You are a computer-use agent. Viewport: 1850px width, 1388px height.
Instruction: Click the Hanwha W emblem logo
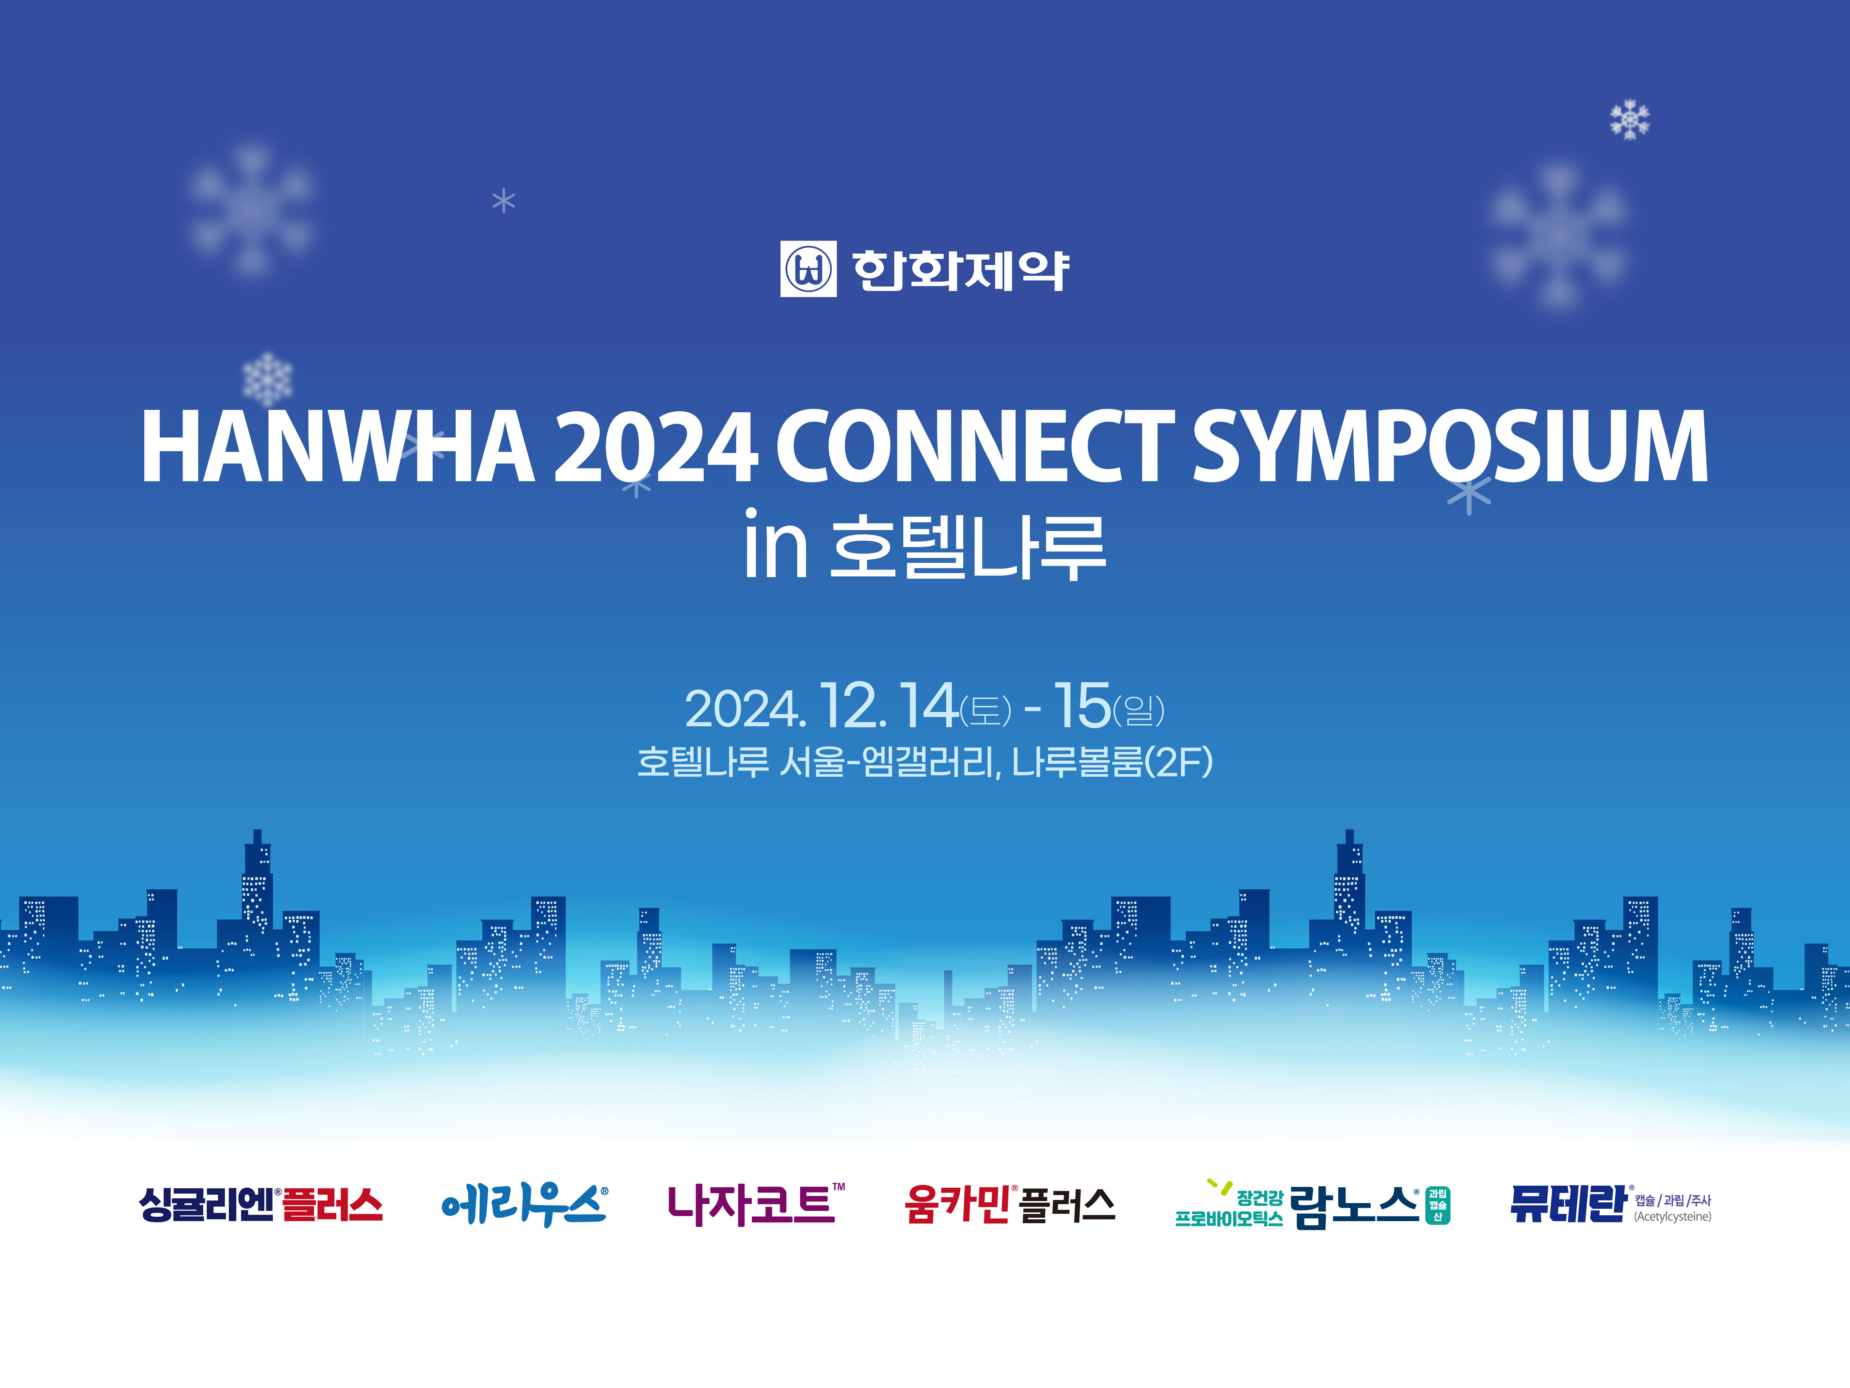(x=808, y=269)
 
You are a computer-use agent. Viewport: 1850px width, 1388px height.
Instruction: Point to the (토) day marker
(x=985, y=711)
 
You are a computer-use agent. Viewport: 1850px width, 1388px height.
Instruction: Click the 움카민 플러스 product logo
(x=1009, y=1205)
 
